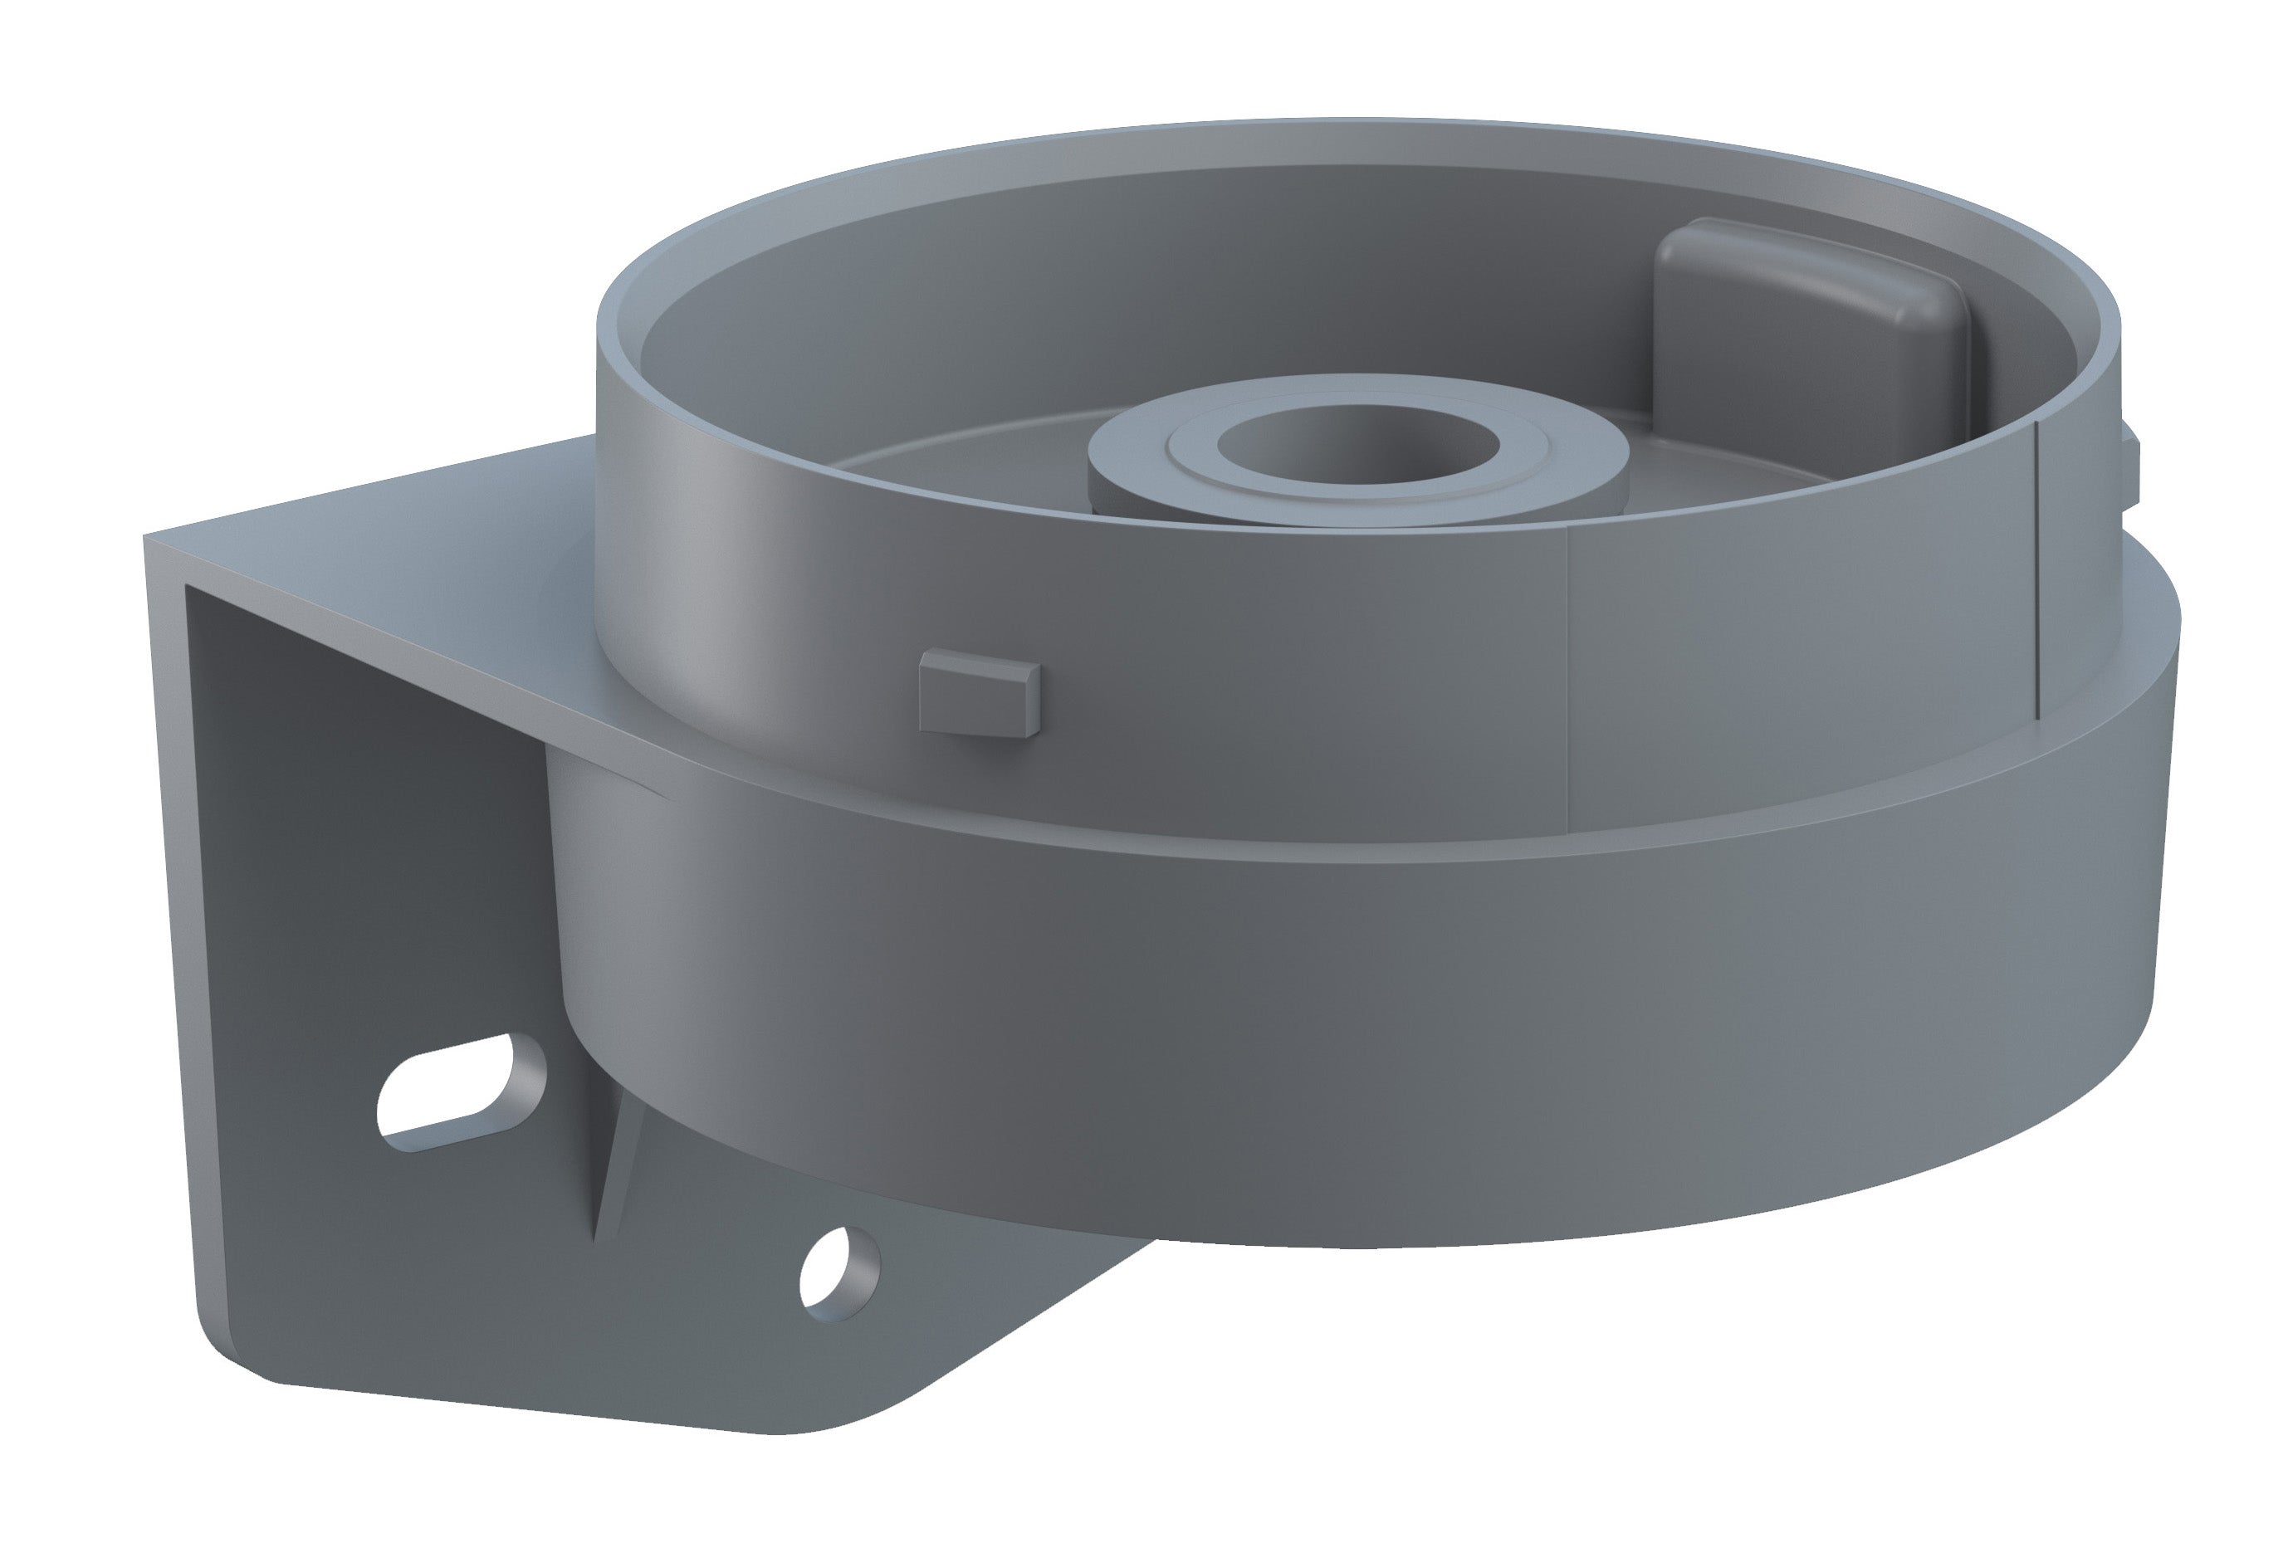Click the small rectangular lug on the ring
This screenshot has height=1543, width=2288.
point(977,696)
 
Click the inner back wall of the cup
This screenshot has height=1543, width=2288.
point(1181,266)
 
